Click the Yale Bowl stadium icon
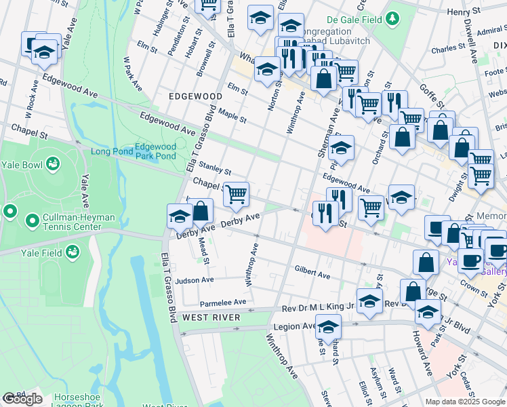click(52, 164)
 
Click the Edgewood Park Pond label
click(155, 151)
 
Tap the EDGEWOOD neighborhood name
click(195, 97)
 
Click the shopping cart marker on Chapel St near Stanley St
click(236, 194)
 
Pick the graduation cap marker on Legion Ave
click(328, 328)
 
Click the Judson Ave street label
click(194, 280)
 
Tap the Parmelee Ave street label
click(222, 303)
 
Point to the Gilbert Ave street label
click(312, 272)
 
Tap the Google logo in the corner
click(22, 399)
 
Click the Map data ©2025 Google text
click(464, 402)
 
